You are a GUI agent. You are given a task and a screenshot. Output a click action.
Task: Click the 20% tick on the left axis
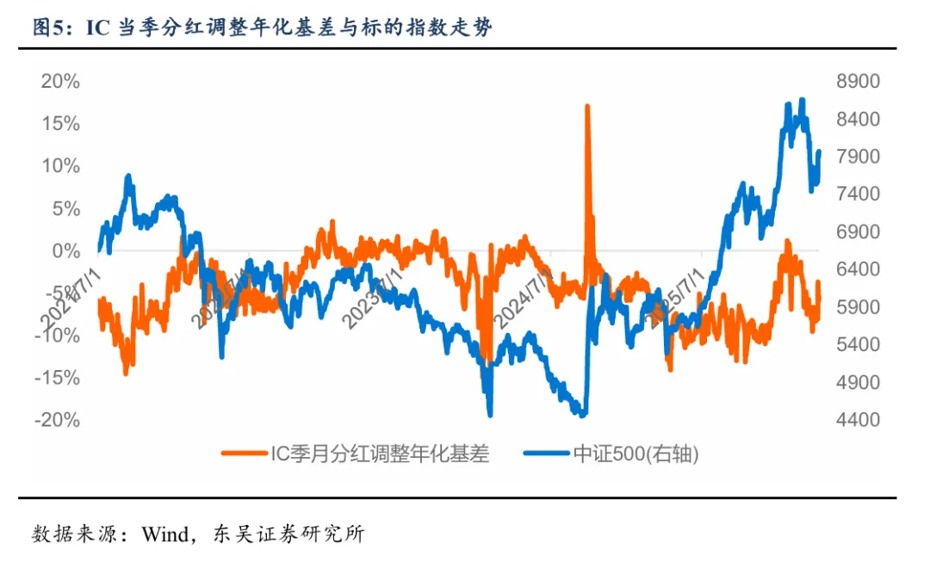[61, 82]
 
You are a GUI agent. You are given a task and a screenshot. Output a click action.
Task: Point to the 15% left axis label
[61, 124]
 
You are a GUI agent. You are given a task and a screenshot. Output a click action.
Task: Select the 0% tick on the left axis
[66, 251]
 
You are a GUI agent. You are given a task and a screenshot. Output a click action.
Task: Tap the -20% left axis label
[58, 420]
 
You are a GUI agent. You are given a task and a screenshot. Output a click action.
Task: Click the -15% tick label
[58, 378]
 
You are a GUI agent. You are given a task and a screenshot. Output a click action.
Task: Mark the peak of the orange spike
[587, 106]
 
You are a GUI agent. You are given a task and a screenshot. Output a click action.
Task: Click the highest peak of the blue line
[803, 100]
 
